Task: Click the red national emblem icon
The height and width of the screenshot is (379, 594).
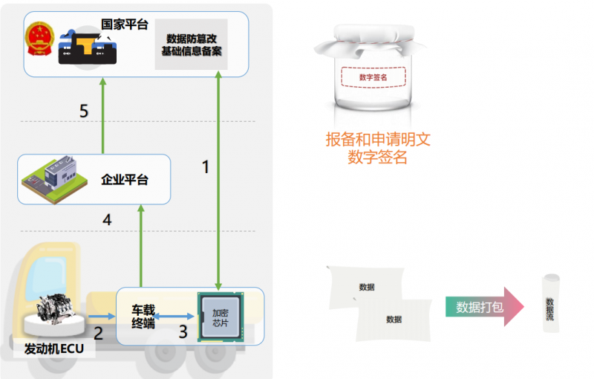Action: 39,39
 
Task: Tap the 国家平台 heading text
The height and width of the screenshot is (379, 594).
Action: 125,25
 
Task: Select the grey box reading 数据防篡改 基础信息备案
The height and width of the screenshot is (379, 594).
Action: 192,45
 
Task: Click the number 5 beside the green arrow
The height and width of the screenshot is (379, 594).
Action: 84,111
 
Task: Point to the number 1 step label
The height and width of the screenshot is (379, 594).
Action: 206,166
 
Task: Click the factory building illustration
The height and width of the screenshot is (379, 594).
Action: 54,179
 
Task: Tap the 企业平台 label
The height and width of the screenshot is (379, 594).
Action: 125,180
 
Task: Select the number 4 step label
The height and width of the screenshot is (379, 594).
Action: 107,219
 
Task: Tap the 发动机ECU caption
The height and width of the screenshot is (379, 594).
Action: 54,349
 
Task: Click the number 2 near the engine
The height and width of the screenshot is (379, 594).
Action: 99,333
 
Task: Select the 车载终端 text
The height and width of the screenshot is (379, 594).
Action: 143,317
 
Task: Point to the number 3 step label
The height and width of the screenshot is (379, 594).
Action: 183,332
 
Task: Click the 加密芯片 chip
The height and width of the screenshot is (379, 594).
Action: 221,317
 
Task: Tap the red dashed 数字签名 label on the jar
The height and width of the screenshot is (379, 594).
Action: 373,77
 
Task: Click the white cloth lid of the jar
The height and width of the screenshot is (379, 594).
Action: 371,41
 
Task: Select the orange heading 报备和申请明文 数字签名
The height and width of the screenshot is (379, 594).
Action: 378,148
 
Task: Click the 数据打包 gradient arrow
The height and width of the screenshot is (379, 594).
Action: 485,307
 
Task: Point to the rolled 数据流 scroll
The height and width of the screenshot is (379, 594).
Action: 550,304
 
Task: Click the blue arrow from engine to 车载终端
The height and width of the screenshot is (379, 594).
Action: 102,316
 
